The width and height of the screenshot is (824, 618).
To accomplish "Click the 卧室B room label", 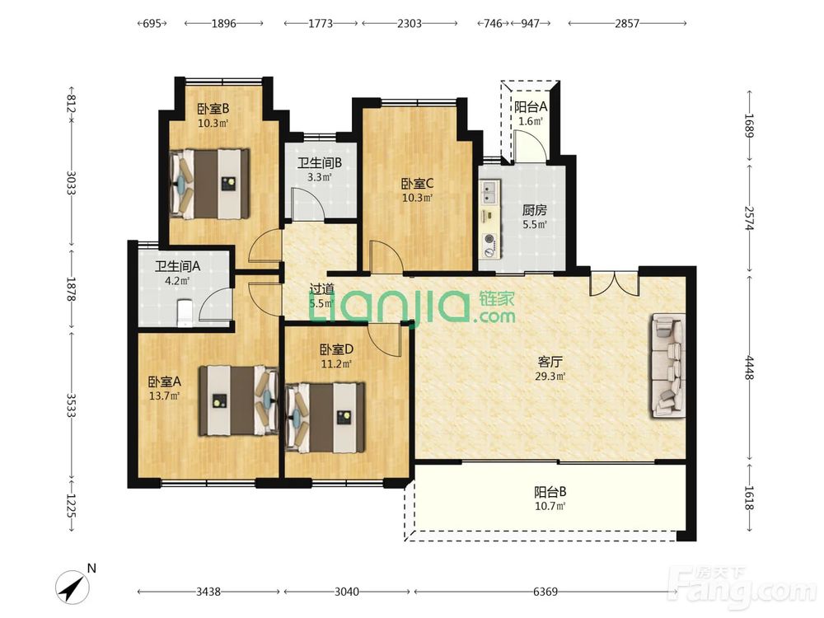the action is [213, 109].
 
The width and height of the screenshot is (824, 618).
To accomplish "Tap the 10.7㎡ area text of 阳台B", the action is [550, 507].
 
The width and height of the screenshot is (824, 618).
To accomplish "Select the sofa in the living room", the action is [669, 365].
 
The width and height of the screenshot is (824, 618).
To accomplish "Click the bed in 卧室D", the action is [325, 417].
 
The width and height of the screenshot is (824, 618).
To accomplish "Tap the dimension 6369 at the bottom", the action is [545, 592].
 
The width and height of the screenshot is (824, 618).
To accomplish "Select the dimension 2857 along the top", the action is [627, 23].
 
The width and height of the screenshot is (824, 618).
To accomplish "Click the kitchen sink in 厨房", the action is [489, 192].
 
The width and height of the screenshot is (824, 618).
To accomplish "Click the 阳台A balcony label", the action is [531, 107].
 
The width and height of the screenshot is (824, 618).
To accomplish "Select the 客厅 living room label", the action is [550, 362].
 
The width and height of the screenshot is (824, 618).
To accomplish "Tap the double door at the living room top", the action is [614, 283].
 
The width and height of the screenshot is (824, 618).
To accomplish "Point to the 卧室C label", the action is [417, 184].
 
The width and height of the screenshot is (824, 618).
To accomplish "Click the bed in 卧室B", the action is [209, 184].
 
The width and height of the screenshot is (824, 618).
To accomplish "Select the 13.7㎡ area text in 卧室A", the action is [165, 396].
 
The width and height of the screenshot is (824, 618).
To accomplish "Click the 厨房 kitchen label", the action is [535, 210].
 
